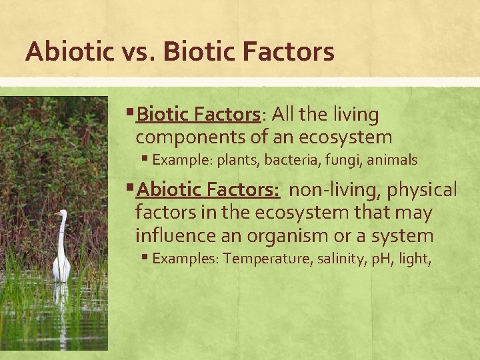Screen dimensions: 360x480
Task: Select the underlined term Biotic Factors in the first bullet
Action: tap(197, 115)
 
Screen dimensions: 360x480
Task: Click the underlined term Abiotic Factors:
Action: tap(208, 190)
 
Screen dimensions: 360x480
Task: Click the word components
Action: tap(187, 138)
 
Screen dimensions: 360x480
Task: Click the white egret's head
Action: tap(62, 214)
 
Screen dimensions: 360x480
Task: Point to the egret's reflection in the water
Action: tap(61, 300)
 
